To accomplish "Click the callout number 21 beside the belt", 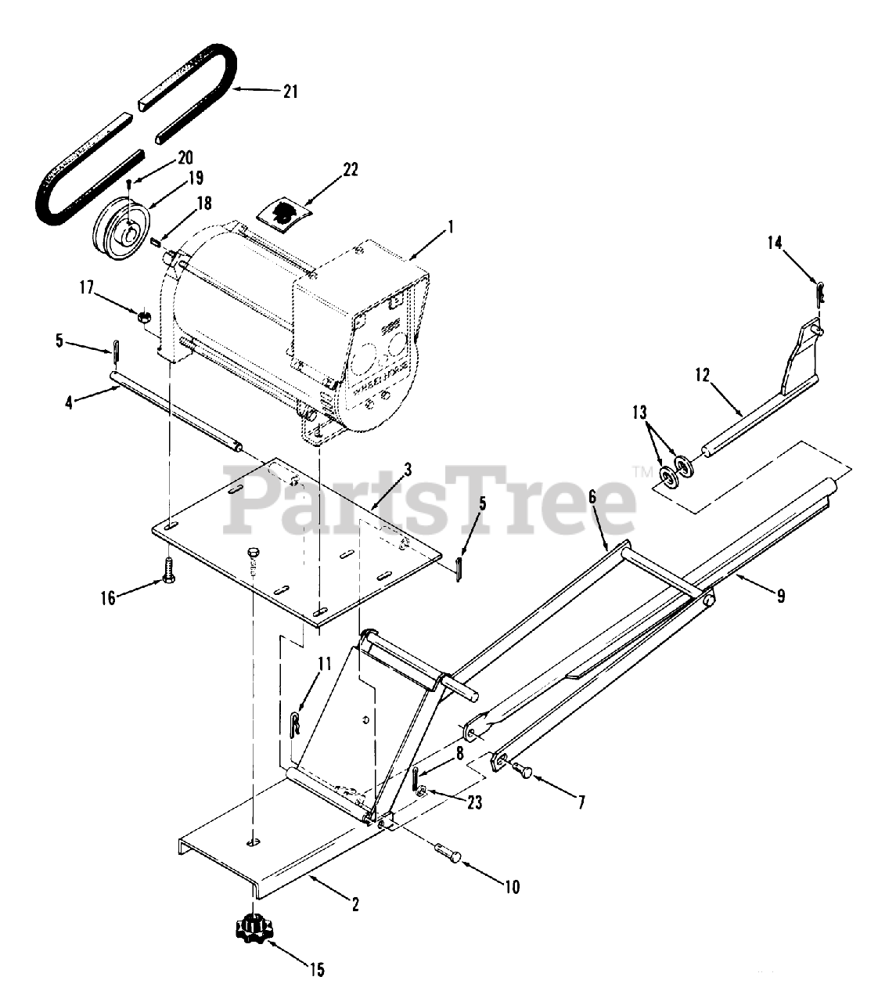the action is point(290,92).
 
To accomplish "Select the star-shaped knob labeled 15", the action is point(254,928).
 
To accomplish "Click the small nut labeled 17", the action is point(144,317).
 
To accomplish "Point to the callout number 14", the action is point(774,243).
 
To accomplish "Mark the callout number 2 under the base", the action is point(354,905).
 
